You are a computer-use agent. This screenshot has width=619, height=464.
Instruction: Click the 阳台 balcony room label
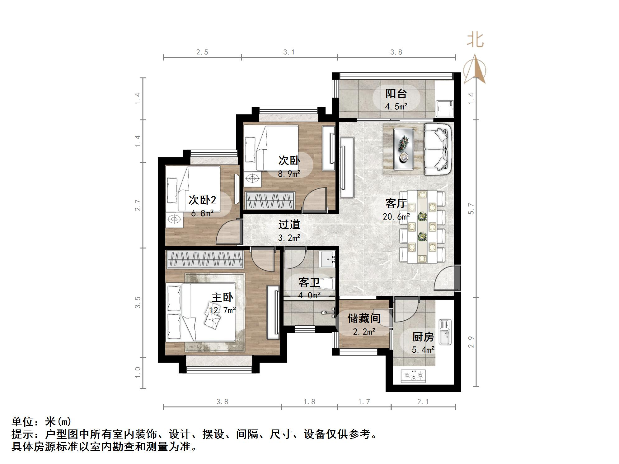(396, 93)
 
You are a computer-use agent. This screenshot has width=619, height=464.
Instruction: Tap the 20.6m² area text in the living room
(396, 216)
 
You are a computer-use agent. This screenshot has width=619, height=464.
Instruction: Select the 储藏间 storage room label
(364, 318)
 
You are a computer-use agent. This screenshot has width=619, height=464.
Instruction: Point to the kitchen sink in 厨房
(445, 332)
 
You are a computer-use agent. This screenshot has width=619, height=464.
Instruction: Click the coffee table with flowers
(403, 149)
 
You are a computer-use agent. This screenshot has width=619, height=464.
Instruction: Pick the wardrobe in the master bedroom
(205, 260)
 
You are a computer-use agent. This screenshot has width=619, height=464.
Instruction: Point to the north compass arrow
(475, 69)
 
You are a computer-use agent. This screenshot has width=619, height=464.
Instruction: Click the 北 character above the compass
(475, 40)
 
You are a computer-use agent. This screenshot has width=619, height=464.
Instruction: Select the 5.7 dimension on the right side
(471, 208)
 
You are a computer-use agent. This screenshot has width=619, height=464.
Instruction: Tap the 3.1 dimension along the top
(289, 52)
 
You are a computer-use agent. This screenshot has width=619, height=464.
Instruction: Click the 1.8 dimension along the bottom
(309, 402)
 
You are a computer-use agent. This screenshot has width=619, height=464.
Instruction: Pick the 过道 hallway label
(289, 225)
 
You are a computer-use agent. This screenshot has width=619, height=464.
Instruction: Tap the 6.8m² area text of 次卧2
(202, 213)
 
